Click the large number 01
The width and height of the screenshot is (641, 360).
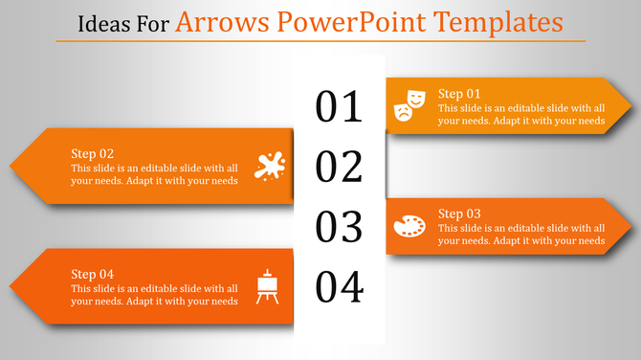(340, 107)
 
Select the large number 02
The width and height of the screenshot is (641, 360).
(340, 168)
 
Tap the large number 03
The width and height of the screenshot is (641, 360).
(340, 228)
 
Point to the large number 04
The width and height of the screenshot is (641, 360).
(340, 286)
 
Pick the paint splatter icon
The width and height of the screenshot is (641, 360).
(270, 166)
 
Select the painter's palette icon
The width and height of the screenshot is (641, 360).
(409, 227)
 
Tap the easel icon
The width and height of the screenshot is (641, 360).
(269, 287)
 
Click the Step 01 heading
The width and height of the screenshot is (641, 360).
(459, 93)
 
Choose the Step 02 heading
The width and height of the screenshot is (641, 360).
(93, 153)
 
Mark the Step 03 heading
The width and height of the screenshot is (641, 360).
(459, 213)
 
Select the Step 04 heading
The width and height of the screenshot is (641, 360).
(93, 274)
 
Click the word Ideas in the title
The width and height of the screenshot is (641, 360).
(99, 22)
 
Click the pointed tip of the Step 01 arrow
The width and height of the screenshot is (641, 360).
(629, 105)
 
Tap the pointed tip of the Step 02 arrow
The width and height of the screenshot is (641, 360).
(12, 166)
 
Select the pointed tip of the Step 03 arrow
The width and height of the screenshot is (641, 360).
(629, 227)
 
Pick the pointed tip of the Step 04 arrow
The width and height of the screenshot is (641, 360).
(12, 286)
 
